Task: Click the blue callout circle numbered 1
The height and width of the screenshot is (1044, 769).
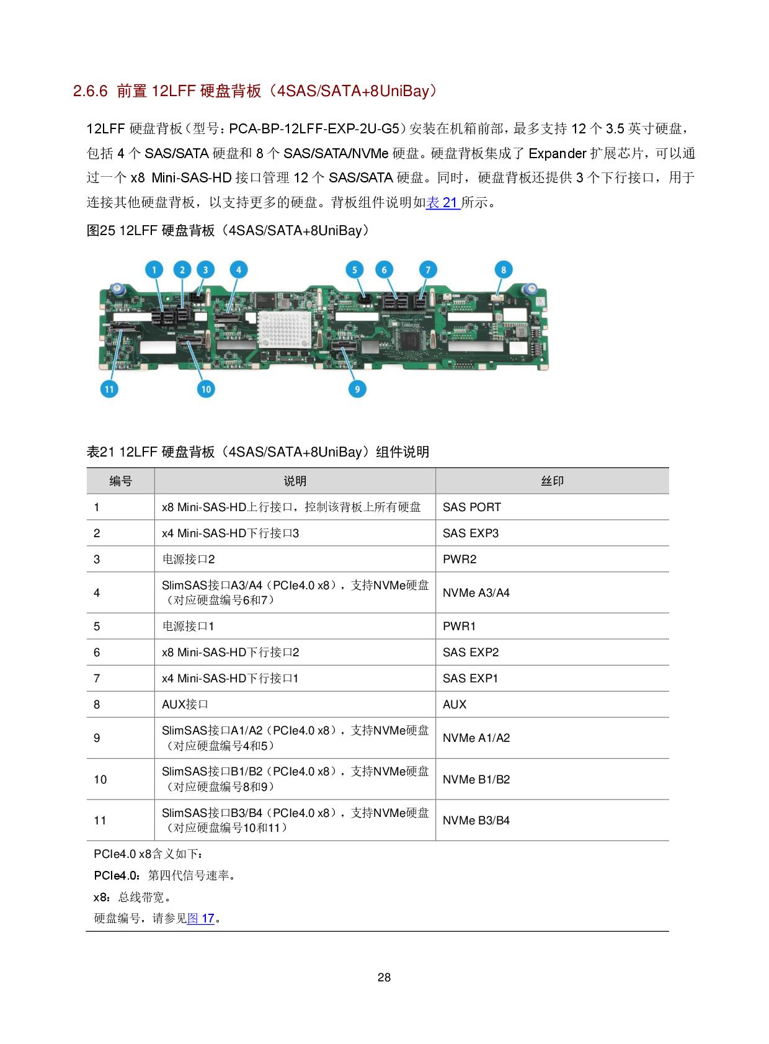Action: tap(154, 270)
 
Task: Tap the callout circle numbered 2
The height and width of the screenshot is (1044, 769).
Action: tap(182, 270)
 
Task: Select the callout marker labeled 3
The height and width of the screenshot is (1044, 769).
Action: tap(206, 270)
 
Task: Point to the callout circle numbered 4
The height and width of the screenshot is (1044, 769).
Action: tap(239, 270)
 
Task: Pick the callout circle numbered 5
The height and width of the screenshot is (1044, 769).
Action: tap(355, 270)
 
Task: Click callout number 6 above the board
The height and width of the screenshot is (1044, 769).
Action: tap(384, 270)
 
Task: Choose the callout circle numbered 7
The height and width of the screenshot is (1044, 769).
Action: tap(428, 270)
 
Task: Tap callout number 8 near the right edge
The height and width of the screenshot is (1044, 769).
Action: tap(504, 270)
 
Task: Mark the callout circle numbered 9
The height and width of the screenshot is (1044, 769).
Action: tap(357, 389)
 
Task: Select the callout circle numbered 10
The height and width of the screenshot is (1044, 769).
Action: tap(206, 389)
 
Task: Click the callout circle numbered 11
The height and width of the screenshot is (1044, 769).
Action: tap(110, 389)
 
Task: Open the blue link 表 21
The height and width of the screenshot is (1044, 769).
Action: tap(443, 203)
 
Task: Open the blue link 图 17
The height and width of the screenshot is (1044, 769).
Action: tap(201, 919)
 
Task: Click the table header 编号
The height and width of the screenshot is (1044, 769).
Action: tap(120, 481)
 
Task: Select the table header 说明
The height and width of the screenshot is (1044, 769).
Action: tap(295, 481)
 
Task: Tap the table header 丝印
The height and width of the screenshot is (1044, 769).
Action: tap(552, 481)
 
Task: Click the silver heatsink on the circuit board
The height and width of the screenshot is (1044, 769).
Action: tap(284, 329)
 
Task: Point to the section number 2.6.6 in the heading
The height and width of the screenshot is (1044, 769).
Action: tap(91, 91)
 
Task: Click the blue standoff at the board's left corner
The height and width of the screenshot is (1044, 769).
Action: tap(116, 288)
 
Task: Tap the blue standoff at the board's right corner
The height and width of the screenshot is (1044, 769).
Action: tap(530, 288)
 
